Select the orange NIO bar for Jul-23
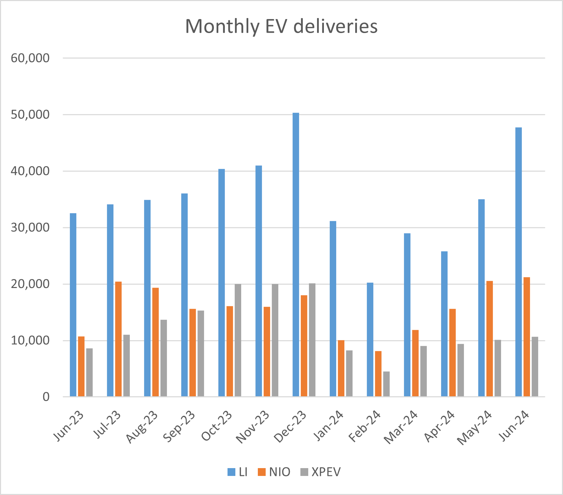click(x=118, y=339)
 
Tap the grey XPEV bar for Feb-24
click(x=386, y=384)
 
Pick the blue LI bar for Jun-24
click(x=518, y=262)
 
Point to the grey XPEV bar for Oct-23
click(x=238, y=340)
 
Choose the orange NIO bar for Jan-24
click(x=341, y=368)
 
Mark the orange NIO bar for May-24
click(x=489, y=339)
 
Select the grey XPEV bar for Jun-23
click(x=89, y=372)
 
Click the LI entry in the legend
click(x=238, y=472)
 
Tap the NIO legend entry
click(x=275, y=472)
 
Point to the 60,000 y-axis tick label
click(x=30, y=58)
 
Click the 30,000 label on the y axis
click(x=30, y=228)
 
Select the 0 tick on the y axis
click(x=46, y=397)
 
